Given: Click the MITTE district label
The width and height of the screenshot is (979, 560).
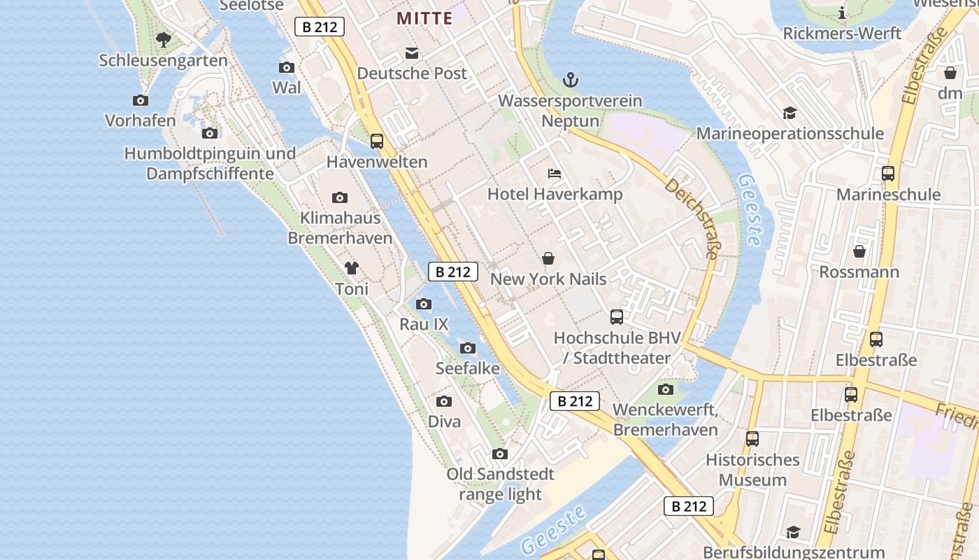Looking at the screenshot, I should (x=424, y=19).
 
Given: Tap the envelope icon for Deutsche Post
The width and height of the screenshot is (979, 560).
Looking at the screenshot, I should (x=412, y=53).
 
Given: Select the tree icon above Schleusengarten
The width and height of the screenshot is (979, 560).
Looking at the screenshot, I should (x=164, y=40).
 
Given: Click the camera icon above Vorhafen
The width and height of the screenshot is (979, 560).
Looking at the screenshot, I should (x=141, y=101).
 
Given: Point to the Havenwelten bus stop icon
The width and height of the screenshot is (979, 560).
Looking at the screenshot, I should (x=377, y=141).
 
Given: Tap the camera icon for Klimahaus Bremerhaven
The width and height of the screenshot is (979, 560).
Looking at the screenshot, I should (x=340, y=198).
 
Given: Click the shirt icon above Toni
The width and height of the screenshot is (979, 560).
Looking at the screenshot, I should (x=352, y=268).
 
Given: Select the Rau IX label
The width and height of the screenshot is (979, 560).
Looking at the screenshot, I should (x=424, y=324).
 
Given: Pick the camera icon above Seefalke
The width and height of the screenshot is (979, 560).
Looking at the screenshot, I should (x=468, y=348).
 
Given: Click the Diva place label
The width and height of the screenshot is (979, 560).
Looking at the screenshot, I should (x=444, y=421).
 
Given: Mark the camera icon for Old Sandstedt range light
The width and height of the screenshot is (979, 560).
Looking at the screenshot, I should (x=500, y=454).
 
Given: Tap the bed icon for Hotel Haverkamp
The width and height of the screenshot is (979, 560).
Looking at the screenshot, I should (x=555, y=174).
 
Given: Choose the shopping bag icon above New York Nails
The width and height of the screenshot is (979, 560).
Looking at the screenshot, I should (x=548, y=259).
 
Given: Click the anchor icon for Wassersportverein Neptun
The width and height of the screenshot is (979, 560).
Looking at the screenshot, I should (x=571, y=80).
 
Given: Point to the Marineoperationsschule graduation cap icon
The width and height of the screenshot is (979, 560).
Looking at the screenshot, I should (x=789, y=113).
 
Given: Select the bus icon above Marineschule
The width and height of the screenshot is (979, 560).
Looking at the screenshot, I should (x=888, y=174).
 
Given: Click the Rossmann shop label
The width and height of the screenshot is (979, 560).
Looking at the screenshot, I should (x=859, y=272).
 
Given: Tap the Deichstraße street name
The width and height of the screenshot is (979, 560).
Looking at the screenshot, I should (x=691, y=218).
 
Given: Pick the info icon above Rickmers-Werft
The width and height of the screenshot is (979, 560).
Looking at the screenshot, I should (x=842, y=13).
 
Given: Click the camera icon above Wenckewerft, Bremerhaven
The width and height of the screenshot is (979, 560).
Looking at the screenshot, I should (x=666, y=390).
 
